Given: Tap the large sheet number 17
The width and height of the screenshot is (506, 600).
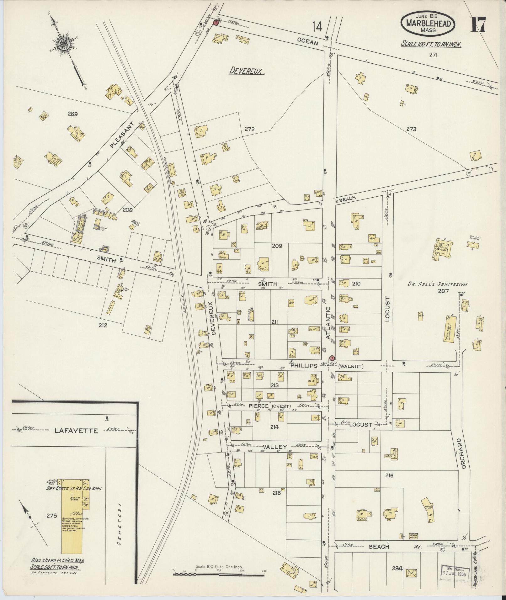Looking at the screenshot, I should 478,24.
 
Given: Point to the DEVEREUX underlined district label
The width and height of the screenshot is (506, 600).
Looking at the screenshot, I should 247,71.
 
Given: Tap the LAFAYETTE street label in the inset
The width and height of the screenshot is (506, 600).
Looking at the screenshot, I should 76,431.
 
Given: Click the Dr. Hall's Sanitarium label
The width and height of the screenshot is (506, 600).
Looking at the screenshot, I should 437,284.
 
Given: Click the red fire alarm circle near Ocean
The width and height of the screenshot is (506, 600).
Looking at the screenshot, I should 216,23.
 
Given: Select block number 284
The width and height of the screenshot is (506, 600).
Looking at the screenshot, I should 397,568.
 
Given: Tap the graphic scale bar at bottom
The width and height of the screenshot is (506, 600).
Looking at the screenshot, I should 219,574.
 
